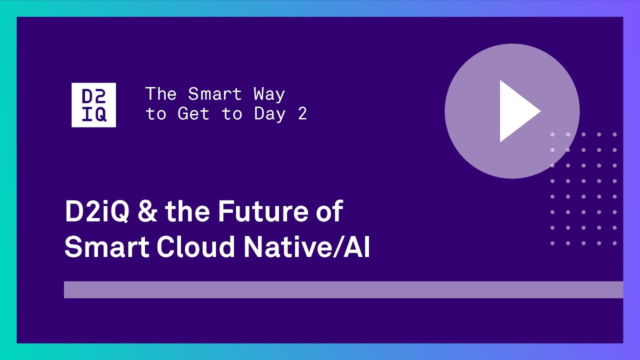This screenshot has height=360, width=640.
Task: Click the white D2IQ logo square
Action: coord(93,105)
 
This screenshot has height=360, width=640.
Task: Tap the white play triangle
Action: coord(518,111)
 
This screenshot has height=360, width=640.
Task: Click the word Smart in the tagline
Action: coord(215,94)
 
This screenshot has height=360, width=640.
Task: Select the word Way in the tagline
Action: coord(269,94)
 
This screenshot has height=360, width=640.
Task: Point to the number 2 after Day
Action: coord(302,113)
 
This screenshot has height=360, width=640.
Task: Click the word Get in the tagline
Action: coord(193,113)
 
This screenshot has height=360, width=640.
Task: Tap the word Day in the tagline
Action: coord(269,114)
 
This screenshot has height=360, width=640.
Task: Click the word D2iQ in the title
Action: coord(97,211)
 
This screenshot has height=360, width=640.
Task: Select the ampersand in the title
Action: coord(147,211)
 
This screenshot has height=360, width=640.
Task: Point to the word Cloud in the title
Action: coord(195,246)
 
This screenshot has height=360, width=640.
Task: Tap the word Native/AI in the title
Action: coord(307,246)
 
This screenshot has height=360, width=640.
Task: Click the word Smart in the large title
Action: coord(107,246)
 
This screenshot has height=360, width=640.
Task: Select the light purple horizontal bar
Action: coord(343,289)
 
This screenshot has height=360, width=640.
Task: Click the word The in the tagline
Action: coord(161,94)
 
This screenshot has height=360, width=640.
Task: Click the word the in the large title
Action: coord(187,211)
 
